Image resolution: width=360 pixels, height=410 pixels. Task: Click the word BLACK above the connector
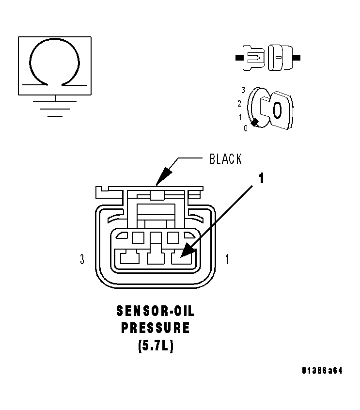225,159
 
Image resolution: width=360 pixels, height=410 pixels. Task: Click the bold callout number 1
261,179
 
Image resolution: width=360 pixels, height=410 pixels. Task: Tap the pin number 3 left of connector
82,260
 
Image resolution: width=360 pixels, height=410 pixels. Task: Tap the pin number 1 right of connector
227,260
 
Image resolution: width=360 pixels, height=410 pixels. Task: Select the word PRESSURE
155,328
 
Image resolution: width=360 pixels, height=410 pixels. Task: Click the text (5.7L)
155,347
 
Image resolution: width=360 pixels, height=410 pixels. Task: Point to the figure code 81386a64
322,371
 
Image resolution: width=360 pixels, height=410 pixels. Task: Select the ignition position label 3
242,90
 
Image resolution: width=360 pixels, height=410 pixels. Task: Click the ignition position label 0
245,128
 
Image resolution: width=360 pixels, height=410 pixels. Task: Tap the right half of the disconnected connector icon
281,57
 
